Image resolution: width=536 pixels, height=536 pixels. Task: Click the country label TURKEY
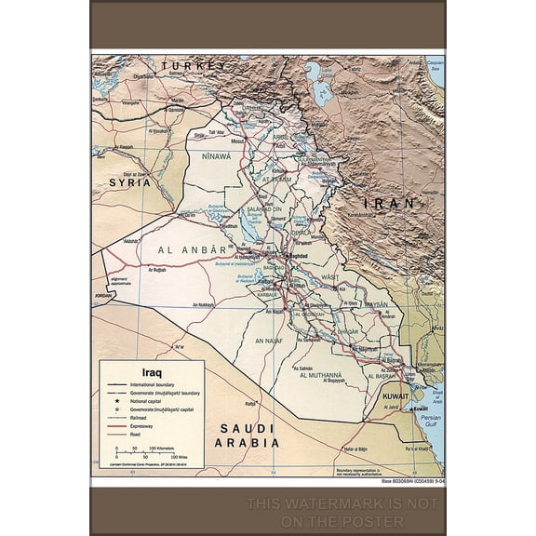click(194, 66)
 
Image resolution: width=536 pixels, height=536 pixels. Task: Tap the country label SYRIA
click(129, 183)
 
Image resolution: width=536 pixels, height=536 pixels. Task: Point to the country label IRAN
click(392, 202)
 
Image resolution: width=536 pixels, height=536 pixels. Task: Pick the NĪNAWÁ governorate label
click(211, 156)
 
